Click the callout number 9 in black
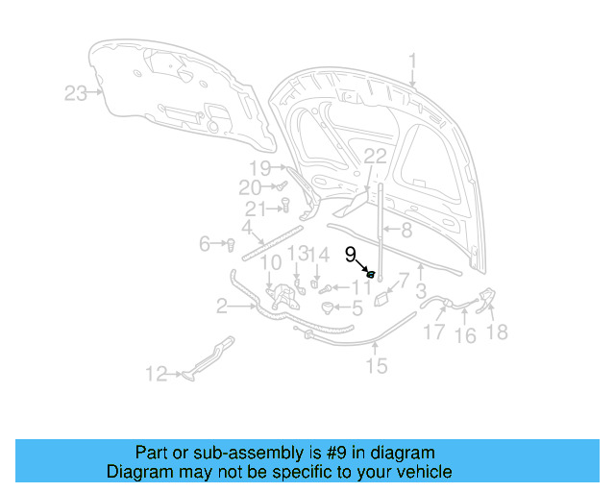point(351,255)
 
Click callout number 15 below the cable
point(376,365)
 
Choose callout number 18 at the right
point(497,332)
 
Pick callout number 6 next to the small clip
point(205,244)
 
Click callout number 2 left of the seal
point(222,307)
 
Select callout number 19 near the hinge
point(261,168)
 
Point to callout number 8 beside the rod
point(406,231)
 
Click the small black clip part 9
point(370,275)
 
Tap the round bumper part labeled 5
point(330,307)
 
